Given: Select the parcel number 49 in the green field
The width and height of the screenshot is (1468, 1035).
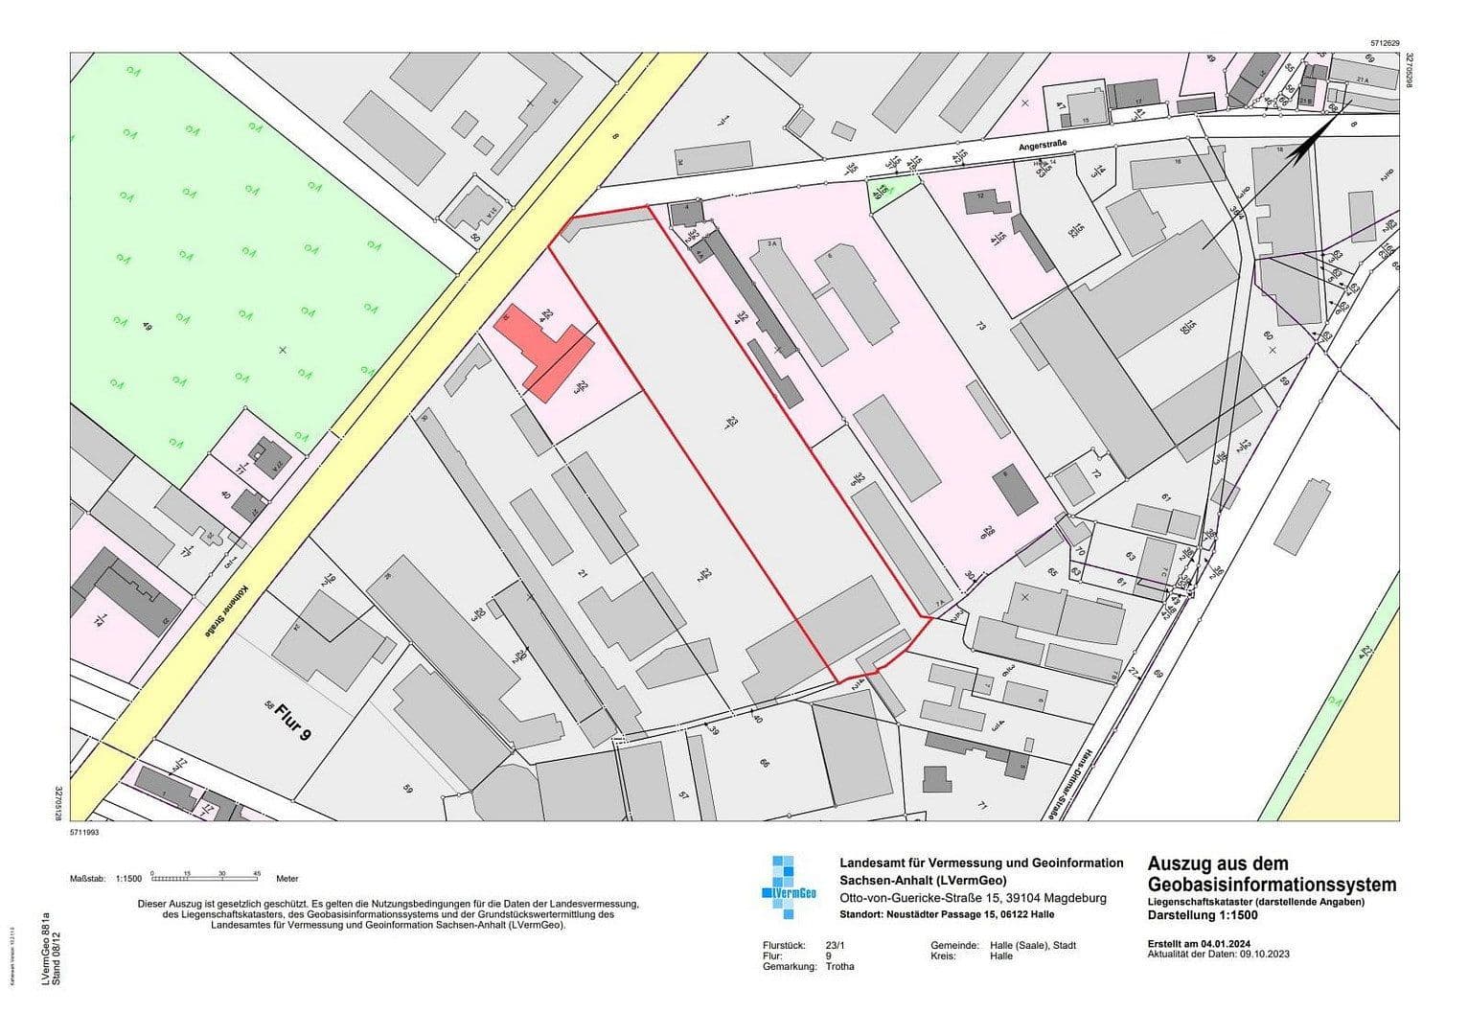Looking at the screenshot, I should (x=148, y=327).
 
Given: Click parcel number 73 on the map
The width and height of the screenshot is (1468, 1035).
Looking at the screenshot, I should (x=979, y=327).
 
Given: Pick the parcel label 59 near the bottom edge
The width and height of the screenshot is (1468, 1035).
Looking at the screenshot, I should (x=407, y=790).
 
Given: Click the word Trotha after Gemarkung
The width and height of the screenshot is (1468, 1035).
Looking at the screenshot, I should (x=840, y=967).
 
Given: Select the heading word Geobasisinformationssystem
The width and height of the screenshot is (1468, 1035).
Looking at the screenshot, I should (x=1271, y=885).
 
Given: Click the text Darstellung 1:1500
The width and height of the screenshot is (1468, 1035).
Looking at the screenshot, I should (x=1203, y=915).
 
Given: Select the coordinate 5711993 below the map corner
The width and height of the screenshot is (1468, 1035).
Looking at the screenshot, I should (x=84, y=833).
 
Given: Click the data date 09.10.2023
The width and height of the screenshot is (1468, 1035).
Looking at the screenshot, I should (x=1263, y=955).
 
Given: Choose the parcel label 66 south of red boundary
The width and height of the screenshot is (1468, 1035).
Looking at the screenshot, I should (x=764, y=764).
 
